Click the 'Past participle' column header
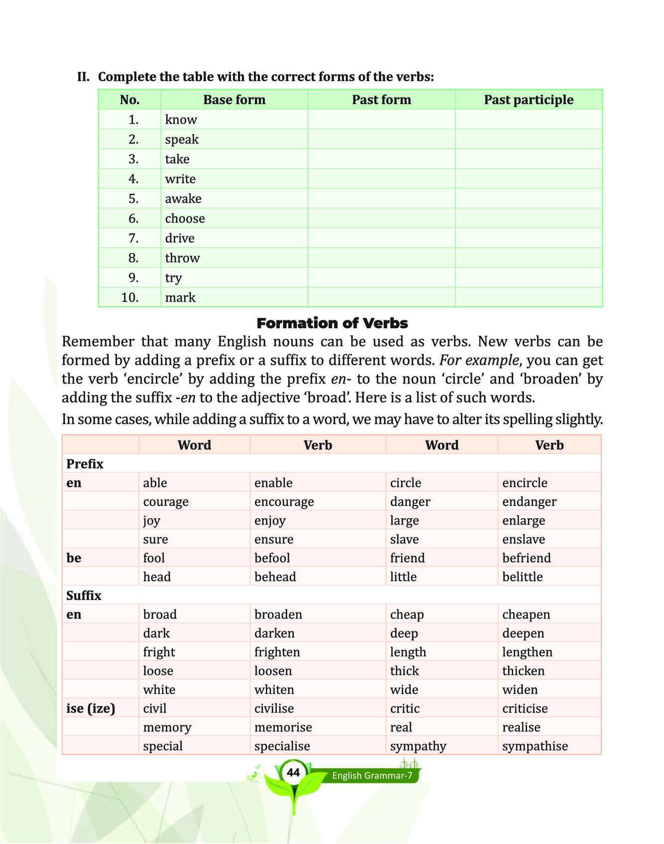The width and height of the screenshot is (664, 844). [528, 100]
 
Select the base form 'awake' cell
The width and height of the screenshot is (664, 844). [183, 199]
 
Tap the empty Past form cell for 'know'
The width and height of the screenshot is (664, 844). [381, 120]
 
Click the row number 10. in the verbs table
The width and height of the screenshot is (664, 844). [130, 297]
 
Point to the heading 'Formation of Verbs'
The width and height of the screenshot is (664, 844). [332, 323]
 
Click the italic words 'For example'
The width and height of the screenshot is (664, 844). [479, 360]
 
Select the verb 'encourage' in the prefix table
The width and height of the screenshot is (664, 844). [284, 502]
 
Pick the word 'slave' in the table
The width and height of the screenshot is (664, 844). [404, 539]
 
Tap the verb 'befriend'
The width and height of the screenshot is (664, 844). [526, 558]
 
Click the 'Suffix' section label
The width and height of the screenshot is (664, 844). [84, 596]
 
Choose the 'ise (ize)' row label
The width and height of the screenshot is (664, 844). [91, 708]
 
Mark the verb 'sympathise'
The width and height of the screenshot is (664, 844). [535, 746]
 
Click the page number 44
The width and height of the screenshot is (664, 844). [294, 773]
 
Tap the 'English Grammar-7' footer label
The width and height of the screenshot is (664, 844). [372, 776]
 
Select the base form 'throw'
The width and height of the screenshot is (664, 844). [182, 258]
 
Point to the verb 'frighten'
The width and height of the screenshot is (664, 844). [278, 652]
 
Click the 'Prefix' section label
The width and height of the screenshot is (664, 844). [85, 464]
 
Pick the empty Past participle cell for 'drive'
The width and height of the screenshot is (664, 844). [528, 238]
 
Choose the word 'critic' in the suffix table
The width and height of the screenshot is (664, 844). [405, 708]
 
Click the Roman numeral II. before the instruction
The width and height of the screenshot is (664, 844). [83, 77]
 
